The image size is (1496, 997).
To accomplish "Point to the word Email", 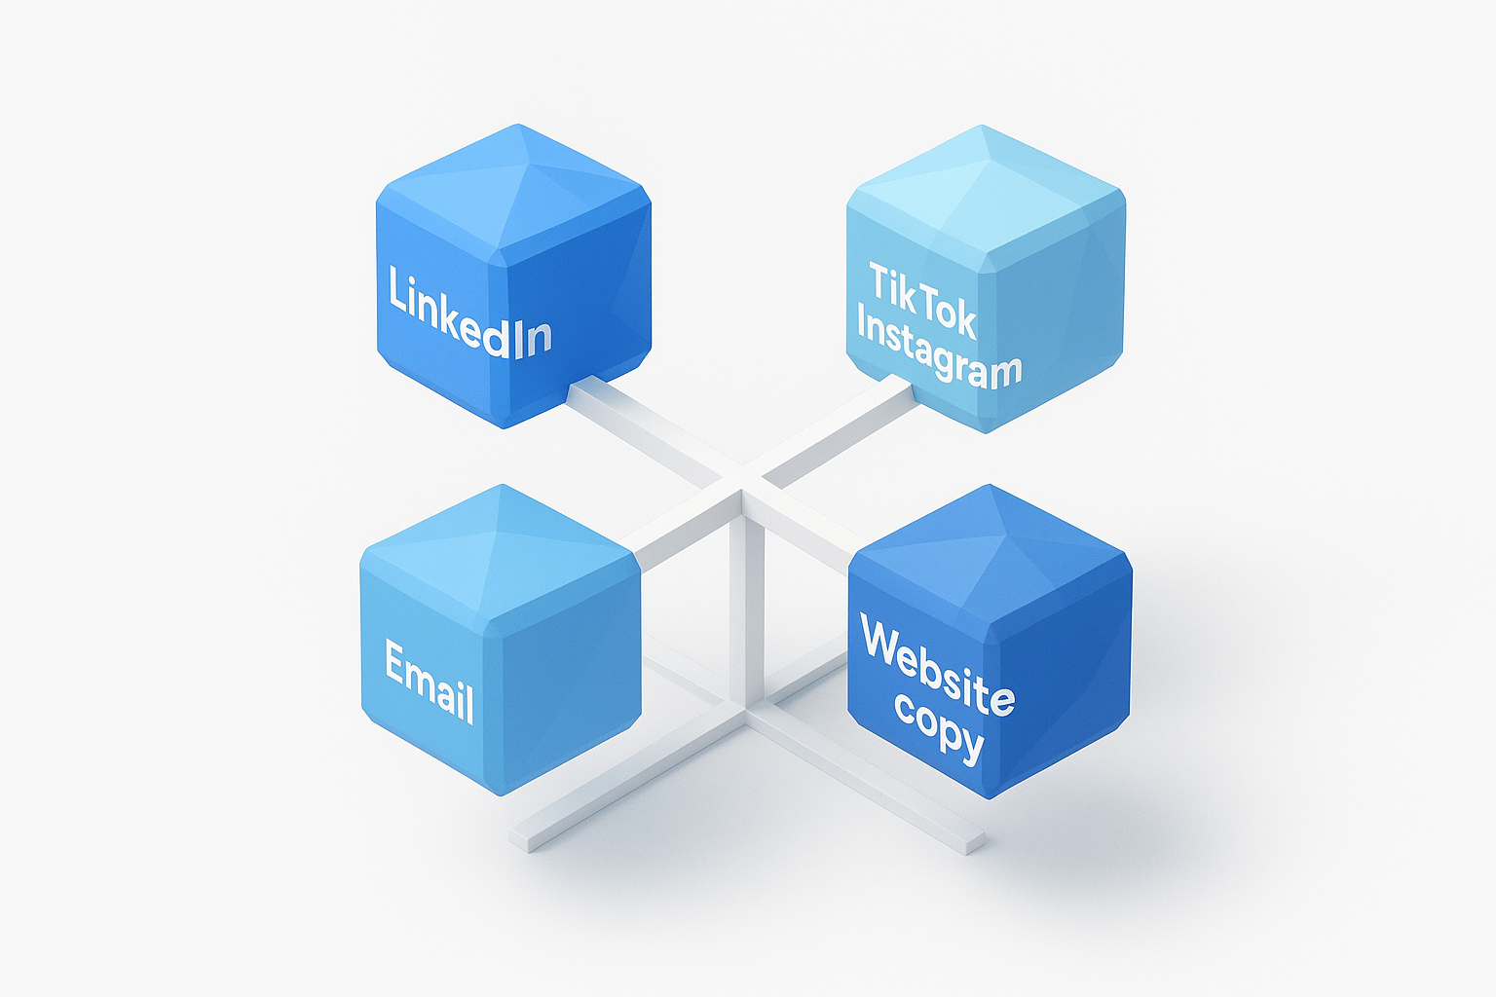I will (429, 682).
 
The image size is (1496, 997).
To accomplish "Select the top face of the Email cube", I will (499, 555).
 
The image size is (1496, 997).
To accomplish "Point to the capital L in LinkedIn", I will (396, 289).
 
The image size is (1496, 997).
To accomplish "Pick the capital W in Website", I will (882, 643).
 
